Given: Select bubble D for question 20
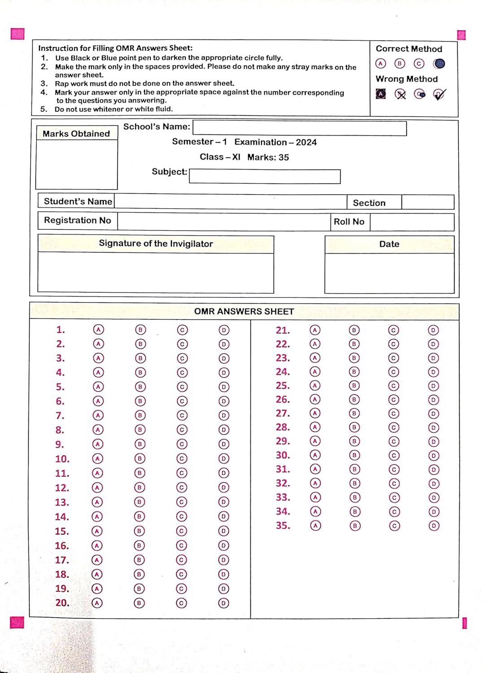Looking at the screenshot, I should tap(223, 603).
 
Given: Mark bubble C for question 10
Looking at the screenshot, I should tap(181, 459).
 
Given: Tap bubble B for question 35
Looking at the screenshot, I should tap(355, 526).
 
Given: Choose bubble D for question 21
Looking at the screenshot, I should tap(433, 330).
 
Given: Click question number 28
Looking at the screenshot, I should tap(283, 427).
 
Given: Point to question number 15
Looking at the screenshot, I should tap(62, 531).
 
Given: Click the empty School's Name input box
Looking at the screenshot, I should tap(299, 128).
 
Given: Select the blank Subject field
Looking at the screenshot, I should tap(264, 176).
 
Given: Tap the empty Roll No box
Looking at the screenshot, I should tap(412, 222).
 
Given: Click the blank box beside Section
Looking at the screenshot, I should tap(427, 202).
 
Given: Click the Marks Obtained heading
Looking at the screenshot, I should tap(76, 134).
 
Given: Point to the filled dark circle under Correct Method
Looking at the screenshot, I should tap(439, 64).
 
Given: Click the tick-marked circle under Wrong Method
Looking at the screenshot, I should tap(439, 94).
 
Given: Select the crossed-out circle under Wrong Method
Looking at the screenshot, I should tap(400, 94).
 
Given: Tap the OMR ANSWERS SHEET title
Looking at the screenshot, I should tap(244, 311).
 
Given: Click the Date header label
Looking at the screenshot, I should tap(389, 244).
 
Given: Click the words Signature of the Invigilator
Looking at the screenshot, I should tap(156, 244).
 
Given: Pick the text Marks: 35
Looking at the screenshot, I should tap(268, 157).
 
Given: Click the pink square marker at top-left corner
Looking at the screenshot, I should tap(18, 34).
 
